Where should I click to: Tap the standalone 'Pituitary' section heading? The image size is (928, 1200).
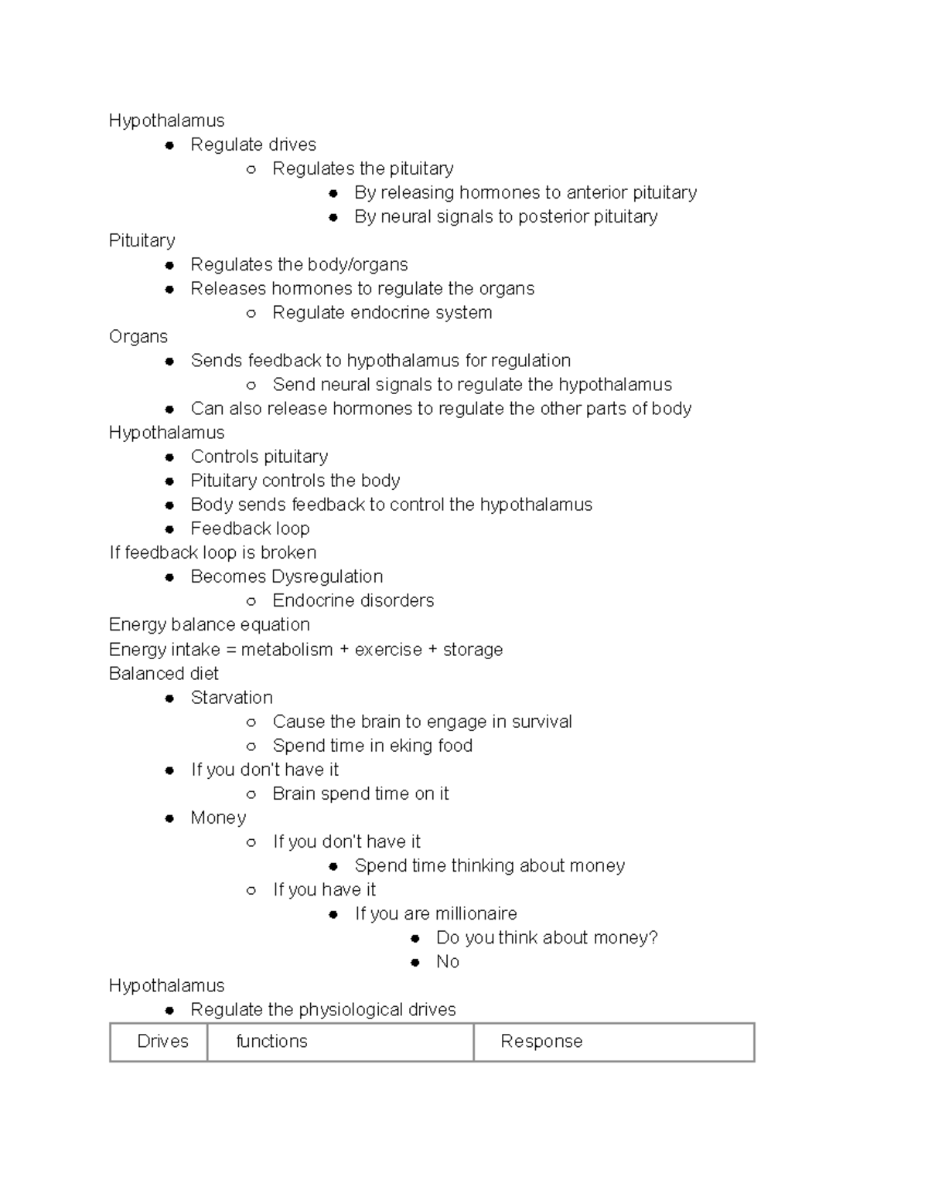[x=142, y=240]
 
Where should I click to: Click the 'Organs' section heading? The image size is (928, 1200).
[x=138, y=337]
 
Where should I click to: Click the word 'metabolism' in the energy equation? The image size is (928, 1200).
[x=287, y=650]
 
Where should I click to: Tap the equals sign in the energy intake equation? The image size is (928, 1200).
[x=230, y=650]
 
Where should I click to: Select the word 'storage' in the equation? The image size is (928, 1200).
[x=473, y=650]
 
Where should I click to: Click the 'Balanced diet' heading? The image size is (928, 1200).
[x=163, y=674]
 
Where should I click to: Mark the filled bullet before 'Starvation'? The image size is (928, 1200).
[x=169, y=699]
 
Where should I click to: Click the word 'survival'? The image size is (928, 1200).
[x=541, y=722]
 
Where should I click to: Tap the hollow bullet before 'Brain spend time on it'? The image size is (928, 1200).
[x=251, y=794]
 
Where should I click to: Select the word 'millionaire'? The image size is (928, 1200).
[x=476, y=913]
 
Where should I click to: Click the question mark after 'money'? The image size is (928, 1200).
[x=653, y=937]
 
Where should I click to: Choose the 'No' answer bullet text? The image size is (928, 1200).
[x=448, y=961]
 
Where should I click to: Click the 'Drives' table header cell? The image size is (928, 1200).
[x=162, y=1042]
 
